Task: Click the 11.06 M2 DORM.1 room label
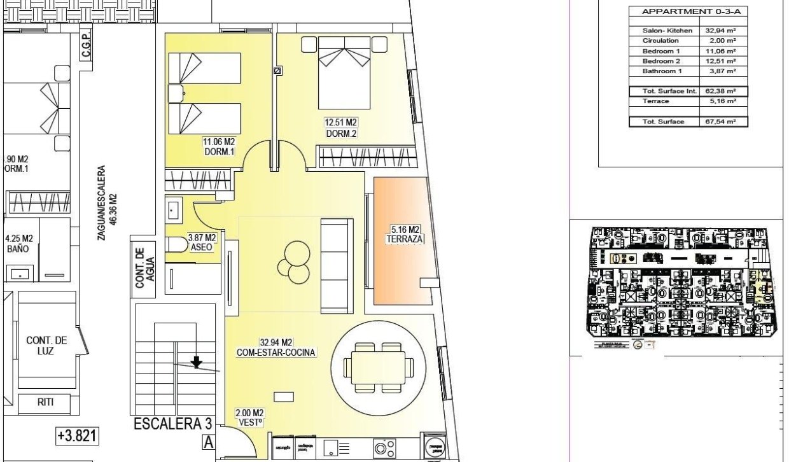coord(220,147)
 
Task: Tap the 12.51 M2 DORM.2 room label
coord(340,127)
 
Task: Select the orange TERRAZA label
coord(405,234)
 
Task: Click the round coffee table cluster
coord(295,262)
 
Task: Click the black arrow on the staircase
coord(197,362)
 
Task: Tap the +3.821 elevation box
coord(76,436)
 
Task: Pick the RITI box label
coord(45,402)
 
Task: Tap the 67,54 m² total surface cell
coord(721,122)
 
